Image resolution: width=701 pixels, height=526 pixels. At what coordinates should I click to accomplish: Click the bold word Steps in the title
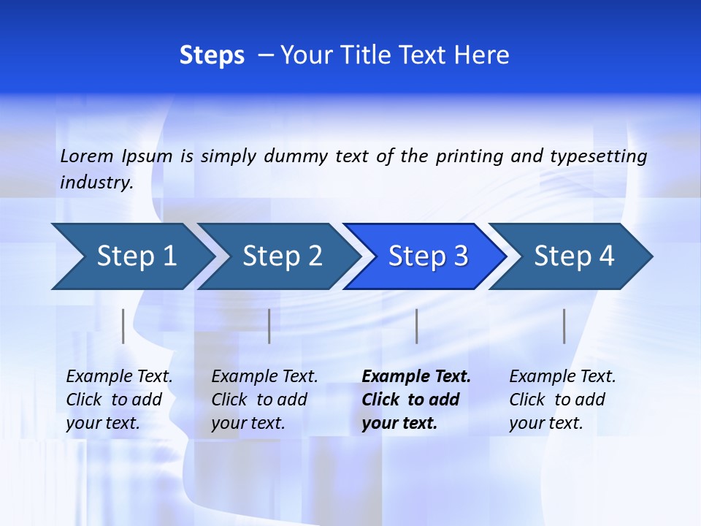[212, 55]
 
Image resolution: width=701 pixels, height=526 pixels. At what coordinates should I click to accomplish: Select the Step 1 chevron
[131, 256]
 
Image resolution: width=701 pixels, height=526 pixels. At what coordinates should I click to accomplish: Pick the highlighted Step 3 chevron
[425, 256]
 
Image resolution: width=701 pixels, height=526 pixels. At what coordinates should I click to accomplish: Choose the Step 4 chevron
[571, 256]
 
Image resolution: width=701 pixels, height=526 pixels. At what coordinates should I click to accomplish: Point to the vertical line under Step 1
[123, 326]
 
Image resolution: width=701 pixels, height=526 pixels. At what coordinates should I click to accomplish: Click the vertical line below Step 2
[269, 326]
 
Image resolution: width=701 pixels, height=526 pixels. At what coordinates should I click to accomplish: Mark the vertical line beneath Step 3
[416, 326]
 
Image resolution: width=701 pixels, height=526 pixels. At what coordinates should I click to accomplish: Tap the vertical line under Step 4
[564, 326]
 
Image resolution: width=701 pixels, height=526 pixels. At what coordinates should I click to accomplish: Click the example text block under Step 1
[119, 400]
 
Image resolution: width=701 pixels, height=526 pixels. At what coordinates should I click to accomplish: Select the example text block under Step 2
[264, 400]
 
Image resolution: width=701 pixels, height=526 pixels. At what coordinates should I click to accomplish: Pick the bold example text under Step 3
[415, 400]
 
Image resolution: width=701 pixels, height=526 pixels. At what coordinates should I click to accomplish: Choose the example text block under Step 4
[562, 400]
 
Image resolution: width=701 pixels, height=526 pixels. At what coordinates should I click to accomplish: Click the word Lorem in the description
[87, 156]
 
